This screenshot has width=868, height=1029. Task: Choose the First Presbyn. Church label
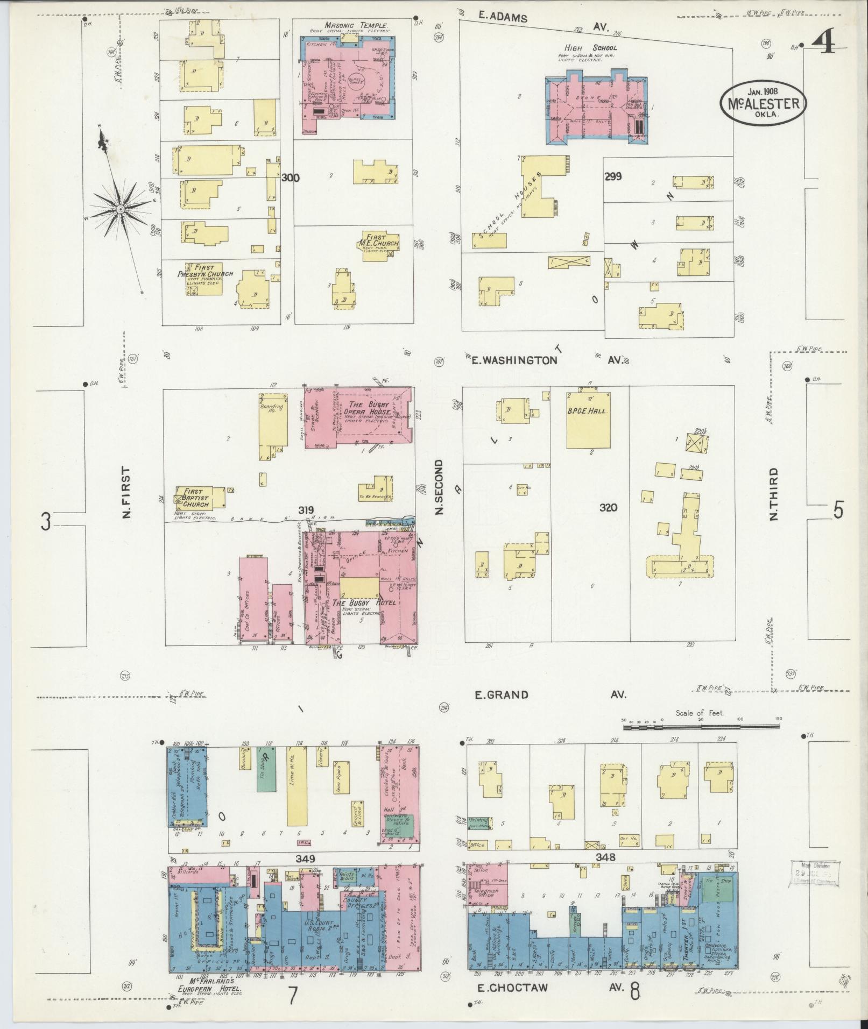coord(206,271)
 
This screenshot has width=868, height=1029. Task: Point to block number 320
coord(609,507)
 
